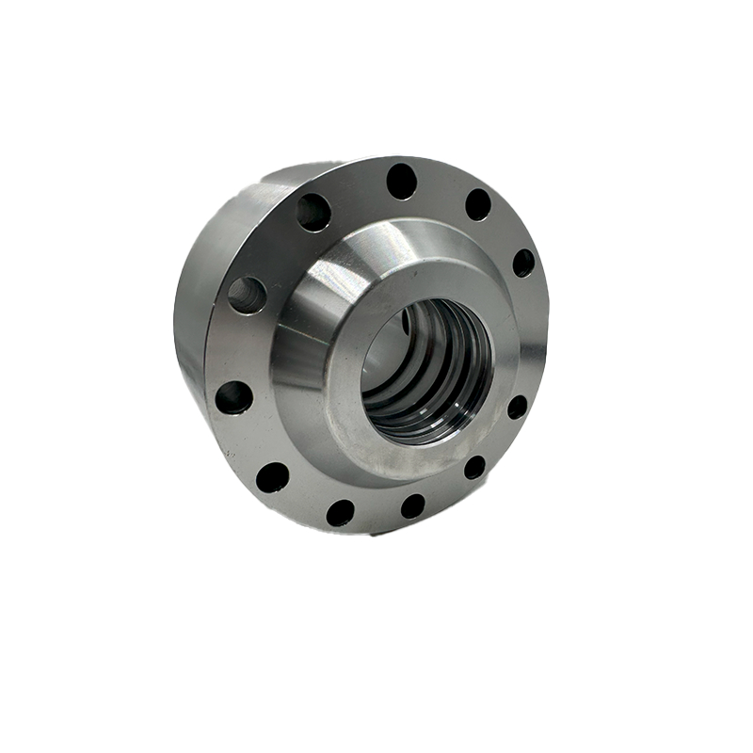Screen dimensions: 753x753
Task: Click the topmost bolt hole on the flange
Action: (x=402, y=181)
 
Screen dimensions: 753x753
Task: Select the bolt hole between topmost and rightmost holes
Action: (x=478, y=204)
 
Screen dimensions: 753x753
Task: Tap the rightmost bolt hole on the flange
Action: (x=523, y=263)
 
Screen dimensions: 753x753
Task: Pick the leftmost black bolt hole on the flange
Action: (x=233, y=397)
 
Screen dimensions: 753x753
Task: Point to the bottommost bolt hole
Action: (x=340, y=513)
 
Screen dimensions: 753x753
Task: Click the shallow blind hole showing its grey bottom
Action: (x=247, y=295)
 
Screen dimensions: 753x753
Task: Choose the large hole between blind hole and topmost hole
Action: (x=313, y=212)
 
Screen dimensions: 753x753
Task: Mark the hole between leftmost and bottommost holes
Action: (x=273, y=477)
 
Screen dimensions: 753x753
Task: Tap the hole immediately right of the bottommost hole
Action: (x=412, y=506)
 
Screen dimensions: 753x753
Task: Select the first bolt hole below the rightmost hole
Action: (x=517, y=407)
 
